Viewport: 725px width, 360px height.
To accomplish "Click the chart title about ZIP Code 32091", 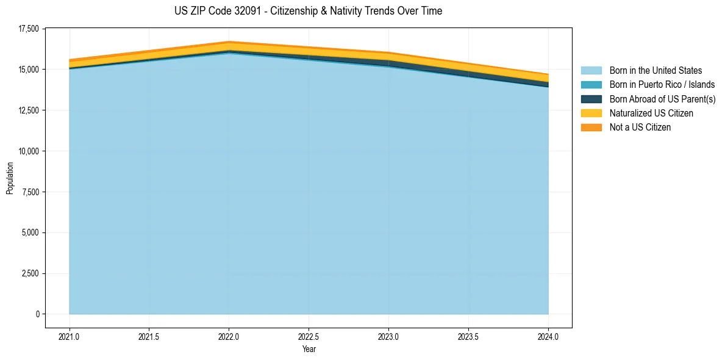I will pos(308,11).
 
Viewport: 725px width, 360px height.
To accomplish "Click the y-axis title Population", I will pos(10,178).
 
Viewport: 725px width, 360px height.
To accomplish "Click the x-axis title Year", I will pos(309,349).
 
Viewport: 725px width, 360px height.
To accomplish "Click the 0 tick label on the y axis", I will pos(37,314).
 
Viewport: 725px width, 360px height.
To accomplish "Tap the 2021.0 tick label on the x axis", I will pos(70,336).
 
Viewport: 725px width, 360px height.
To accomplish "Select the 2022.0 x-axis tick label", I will pos(229,336).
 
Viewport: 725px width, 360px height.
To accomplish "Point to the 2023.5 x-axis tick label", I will pos(468,336).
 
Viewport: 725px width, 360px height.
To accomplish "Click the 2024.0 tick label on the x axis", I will pos(548,336).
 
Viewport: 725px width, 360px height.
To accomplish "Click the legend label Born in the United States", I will pos(655,71).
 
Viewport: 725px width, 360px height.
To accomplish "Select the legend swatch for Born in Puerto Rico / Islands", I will pos(591,85).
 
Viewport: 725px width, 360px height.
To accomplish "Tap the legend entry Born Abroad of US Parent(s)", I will pos(662,99).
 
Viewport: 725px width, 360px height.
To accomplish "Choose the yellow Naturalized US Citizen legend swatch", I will pos(591,113).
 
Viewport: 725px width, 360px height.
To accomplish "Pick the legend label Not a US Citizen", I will pos(640,128).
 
